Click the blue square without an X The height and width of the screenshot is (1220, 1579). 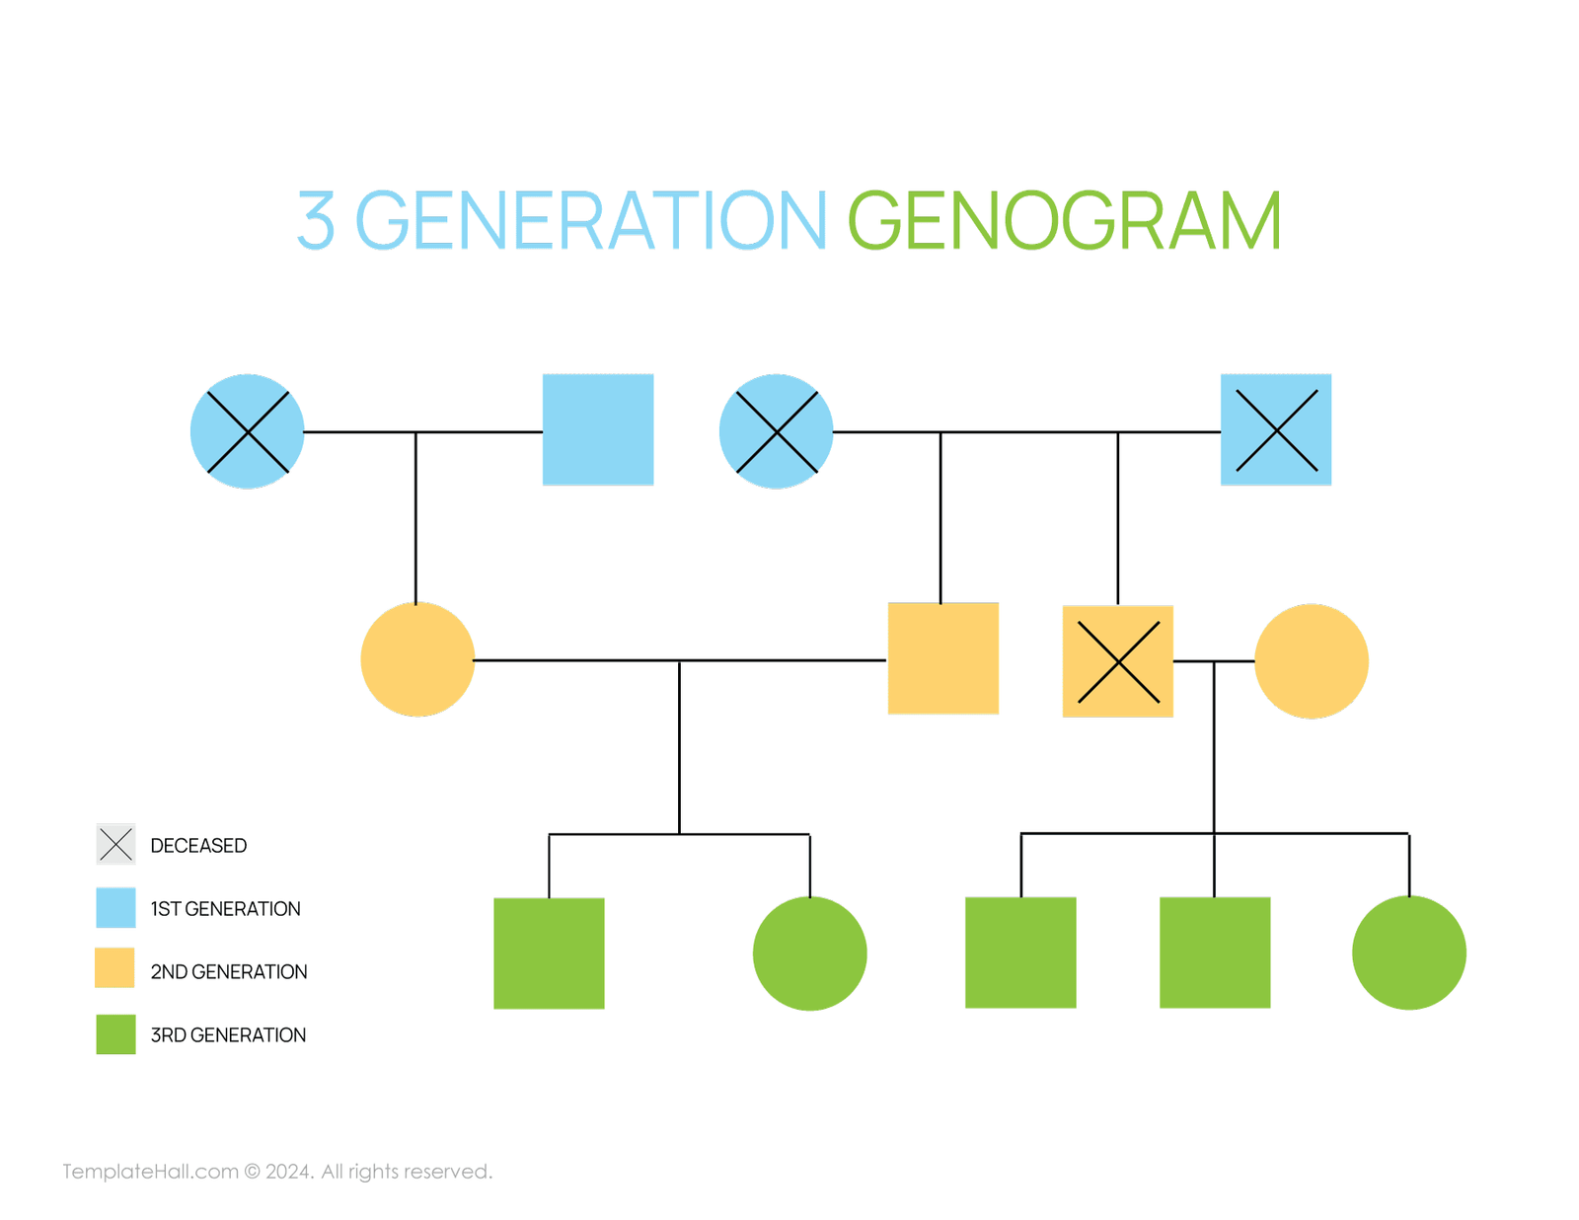pyautogui.click(x=598, y=429)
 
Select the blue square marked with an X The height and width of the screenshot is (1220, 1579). pyautogui.click(x=1275, y=429)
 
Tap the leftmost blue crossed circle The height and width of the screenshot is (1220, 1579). pyautogui.click(x=248, y=431)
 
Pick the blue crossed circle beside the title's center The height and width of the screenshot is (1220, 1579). pyautogui.click(x=777, y=431)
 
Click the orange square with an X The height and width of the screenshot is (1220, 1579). pyautogui.click(x=1117, y=660)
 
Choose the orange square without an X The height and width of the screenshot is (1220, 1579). pyautogui.click(x=942, y=658)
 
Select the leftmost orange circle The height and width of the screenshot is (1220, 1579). pyautogui.click(x=417, y=659)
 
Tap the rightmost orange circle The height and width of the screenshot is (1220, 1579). pyautogui.click(x=1311, y=660)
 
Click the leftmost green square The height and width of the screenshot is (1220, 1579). pyautogui.click(x=549, y=953)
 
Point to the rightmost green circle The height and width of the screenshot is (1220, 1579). pyautogui.click(x=1408, y=953)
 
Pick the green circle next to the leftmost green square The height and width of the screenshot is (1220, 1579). pyautogui.click(x=809, y=953)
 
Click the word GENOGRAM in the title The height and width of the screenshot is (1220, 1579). pyautogui.click(x=1064, y=221)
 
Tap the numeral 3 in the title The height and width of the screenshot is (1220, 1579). pyautogui.click(x=316, y=221)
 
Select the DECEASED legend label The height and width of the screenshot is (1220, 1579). pyautogui.click(x=198, y=846)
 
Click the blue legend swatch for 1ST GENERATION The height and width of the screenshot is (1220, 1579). pyautogui.click(x=115, y=908)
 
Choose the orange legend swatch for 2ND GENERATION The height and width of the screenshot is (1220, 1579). pyautogui.click(x=114, y=968)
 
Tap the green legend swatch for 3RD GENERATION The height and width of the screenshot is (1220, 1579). pyautogui.click(x=115, y=1034)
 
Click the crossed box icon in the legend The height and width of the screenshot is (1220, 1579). pyautogui.click(x=115, y=844)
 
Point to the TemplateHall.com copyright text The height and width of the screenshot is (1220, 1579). pyautogui.click(x=277, y=1172)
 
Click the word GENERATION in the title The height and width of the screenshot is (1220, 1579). pyautogui.click(x=590, y=221)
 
